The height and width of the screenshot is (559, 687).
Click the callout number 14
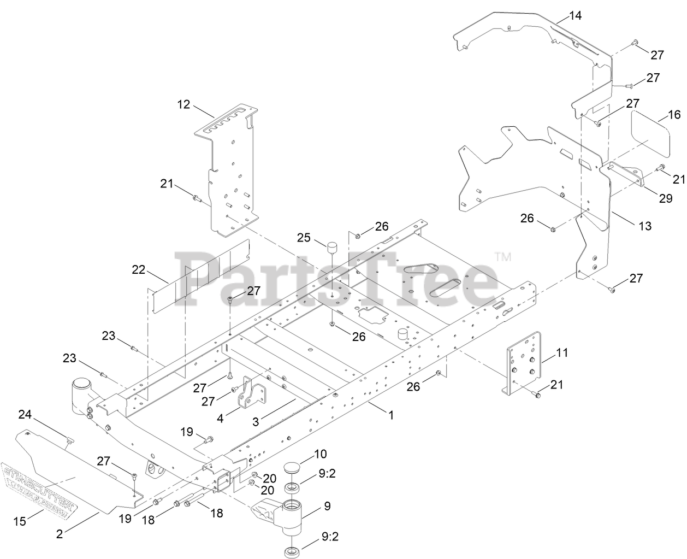click(575, 15)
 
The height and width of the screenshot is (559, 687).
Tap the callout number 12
click(183, 104)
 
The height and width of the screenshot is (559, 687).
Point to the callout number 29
click(665, 198)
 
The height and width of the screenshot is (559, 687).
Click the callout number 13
click(645, 226)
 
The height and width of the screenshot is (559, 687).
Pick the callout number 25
click(304, 238)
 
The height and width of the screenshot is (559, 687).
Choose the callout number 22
click(139, 269)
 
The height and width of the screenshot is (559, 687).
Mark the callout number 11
click(561, 353)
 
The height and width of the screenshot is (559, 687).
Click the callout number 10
click(320, 454)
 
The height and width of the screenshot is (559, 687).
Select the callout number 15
click(19, 521)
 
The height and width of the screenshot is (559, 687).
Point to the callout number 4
click(220, 419)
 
